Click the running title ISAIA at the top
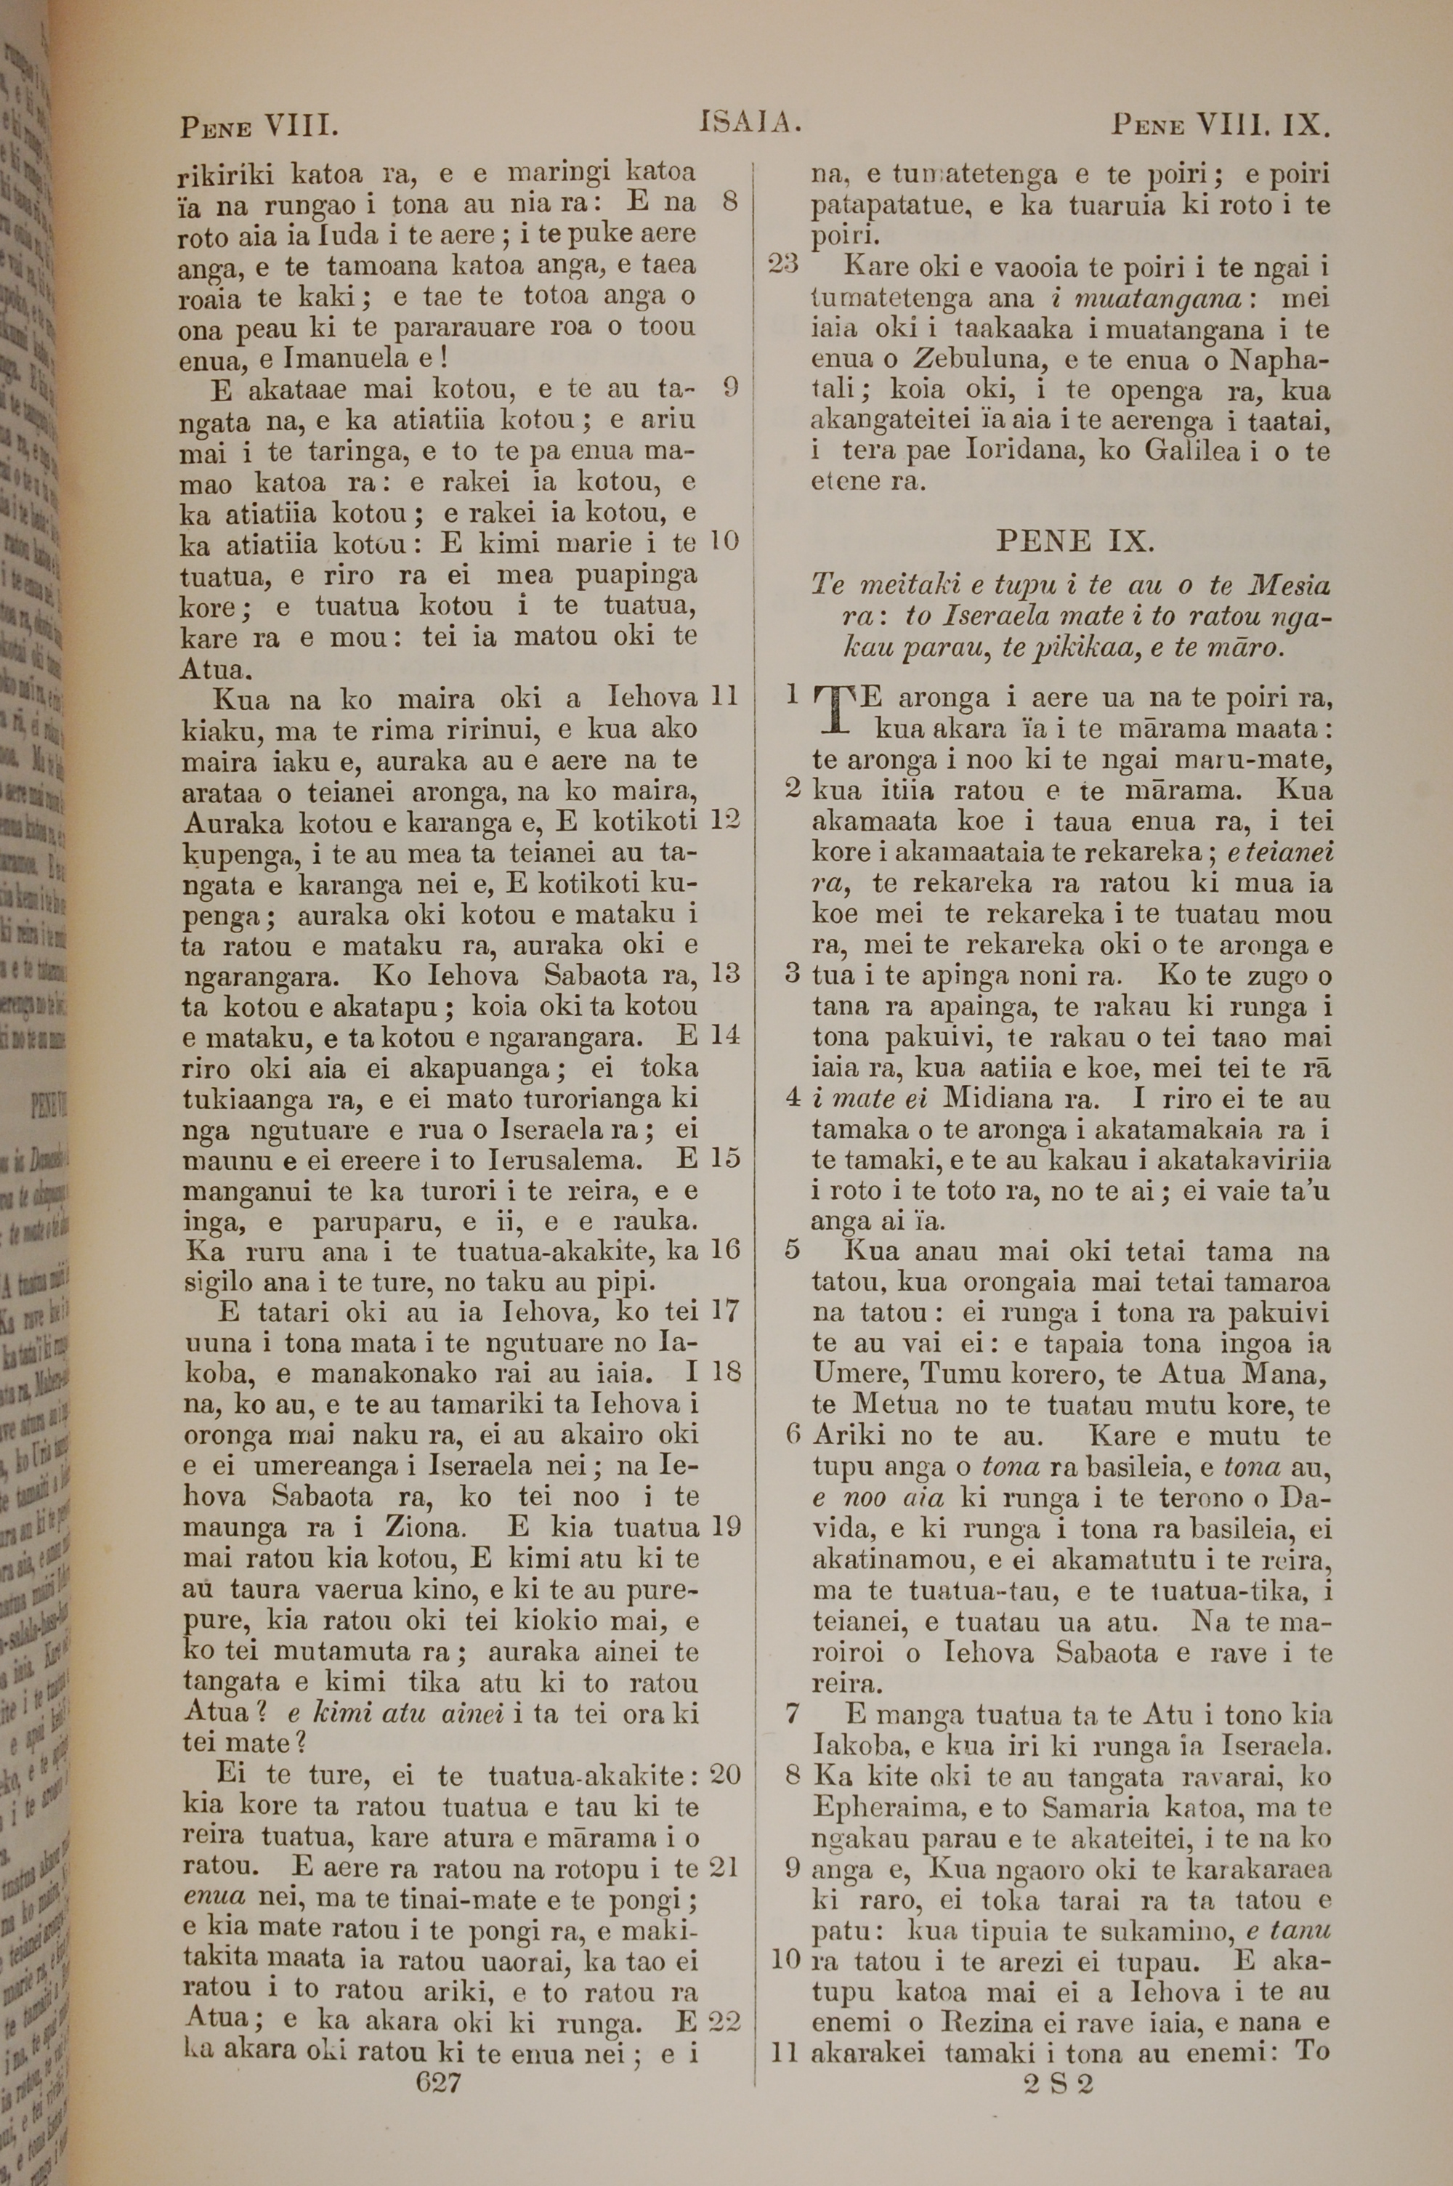pyautogui.click(x=750, y=121)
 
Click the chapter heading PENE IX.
pyautogui.click(x=1072, y=540)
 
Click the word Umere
pyautogui.click(x=850, y=1375)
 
